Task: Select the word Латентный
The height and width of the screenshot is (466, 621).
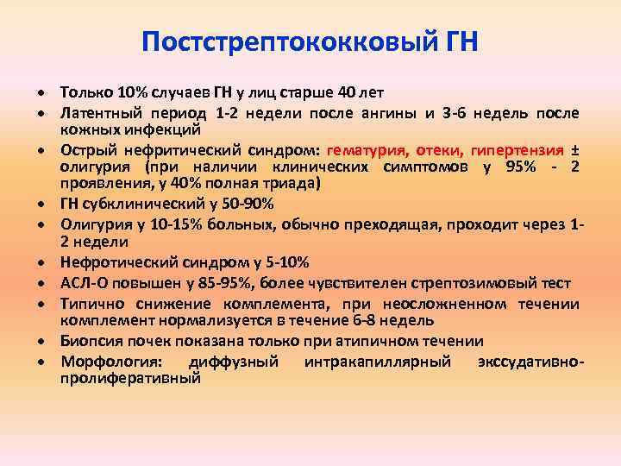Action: pyautogui.click(x=95, y=113)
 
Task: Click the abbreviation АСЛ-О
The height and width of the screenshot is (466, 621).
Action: pyautogui.click(x=82, y=283)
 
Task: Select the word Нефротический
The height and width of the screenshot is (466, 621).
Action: pyautogui.click(x=110, y=262)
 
